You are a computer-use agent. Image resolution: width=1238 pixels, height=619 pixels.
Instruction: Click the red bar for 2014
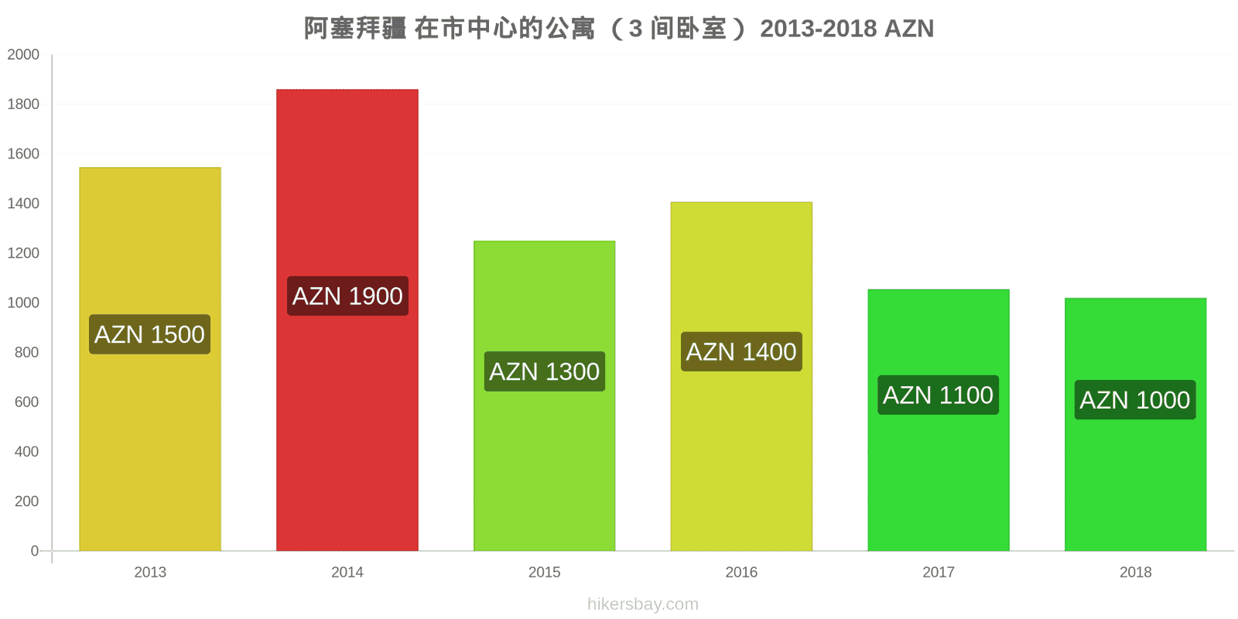(x=347, y=320)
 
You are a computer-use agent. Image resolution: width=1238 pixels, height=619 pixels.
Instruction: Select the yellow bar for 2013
(x=150, y=359)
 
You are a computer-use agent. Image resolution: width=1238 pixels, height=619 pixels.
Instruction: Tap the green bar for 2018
(x=1135, y=424)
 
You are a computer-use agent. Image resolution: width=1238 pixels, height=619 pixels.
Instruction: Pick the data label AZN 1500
(x=150, y=334)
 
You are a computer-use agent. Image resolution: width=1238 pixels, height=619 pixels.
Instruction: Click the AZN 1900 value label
(x=347, y=296)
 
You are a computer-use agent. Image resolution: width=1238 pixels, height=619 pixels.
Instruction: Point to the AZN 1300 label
(x=545, y=371)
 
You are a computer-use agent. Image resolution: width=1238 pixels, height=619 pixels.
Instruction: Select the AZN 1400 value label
(x=741, y=351)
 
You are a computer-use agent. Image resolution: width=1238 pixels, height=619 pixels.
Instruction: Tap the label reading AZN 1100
(x=939, y=395)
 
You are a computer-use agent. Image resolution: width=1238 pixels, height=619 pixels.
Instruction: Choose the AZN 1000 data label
(x=1135, y=399)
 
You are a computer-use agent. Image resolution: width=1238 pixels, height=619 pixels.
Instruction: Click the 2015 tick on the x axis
(x=545, y=572)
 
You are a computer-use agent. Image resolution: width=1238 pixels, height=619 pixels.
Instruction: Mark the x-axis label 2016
(x=741, y=572)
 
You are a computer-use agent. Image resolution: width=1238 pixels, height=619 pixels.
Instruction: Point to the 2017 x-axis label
(x=939, y=572)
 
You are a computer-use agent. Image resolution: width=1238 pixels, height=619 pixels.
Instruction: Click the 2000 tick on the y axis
(x=23, y=54)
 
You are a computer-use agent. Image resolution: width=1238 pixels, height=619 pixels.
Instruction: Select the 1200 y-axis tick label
(x=23, y=253)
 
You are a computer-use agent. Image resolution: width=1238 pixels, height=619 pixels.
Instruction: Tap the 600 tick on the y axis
(x=27, y=402)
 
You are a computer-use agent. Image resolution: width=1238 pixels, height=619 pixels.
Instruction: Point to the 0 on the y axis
(x=35, y=550)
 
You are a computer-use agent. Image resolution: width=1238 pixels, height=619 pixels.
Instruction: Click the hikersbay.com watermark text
(x=643, y=604)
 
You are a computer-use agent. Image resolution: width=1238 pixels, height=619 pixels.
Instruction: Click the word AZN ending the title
(x=909, y=29)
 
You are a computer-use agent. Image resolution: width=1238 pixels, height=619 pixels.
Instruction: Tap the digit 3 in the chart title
(x=635, y=29)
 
